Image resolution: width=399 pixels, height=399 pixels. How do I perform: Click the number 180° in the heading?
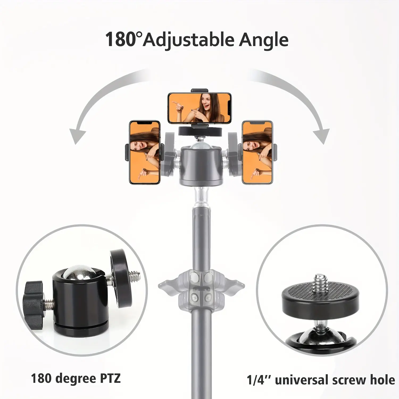click(123, 39)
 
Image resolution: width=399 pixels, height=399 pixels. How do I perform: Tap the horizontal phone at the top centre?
click(199, 108)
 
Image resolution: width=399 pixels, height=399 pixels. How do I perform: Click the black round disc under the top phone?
click(199, 131)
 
